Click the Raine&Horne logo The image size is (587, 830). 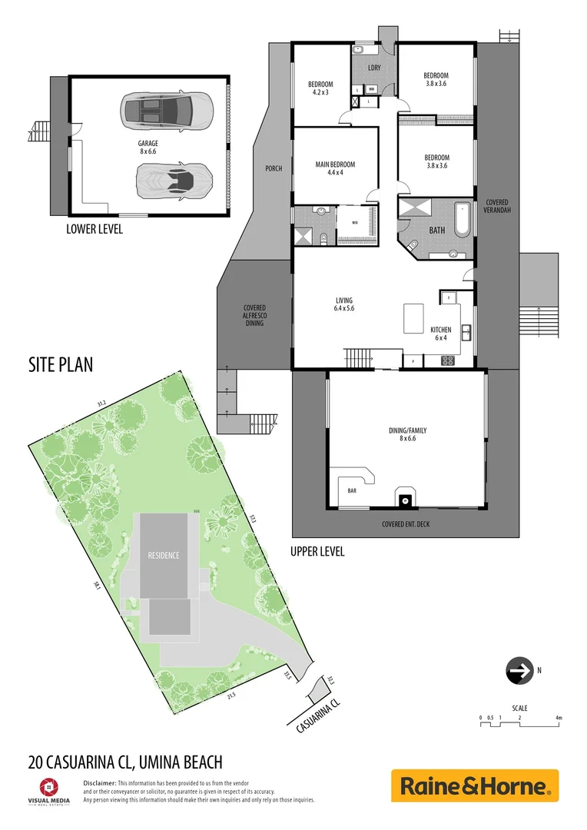point(475,786)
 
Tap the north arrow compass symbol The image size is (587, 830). point(519,671)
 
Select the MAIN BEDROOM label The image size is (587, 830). point(335,168)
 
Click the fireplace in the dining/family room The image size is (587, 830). point(403,499)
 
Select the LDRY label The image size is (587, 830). point(374,68)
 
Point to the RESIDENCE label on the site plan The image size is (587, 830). point(164,555)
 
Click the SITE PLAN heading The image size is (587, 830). point(61,364)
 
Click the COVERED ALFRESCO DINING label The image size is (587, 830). point(254,315)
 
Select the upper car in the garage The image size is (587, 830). point(165,110)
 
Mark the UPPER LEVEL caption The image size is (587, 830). point(317,551)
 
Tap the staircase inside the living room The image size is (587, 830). point(359,357)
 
